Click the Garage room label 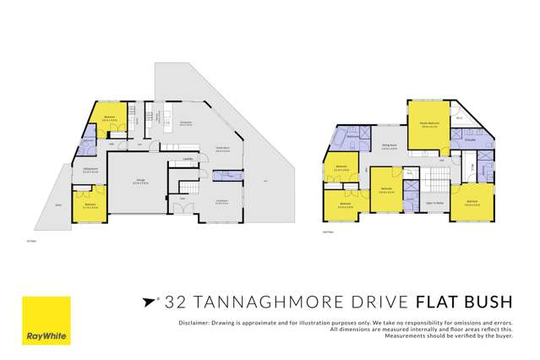(140, 181)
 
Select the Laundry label (187, 159)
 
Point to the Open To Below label (435, 203)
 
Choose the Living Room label (221, 200)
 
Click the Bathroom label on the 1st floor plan (87, 140)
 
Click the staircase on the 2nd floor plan (435, 179)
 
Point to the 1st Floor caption (32, 242)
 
